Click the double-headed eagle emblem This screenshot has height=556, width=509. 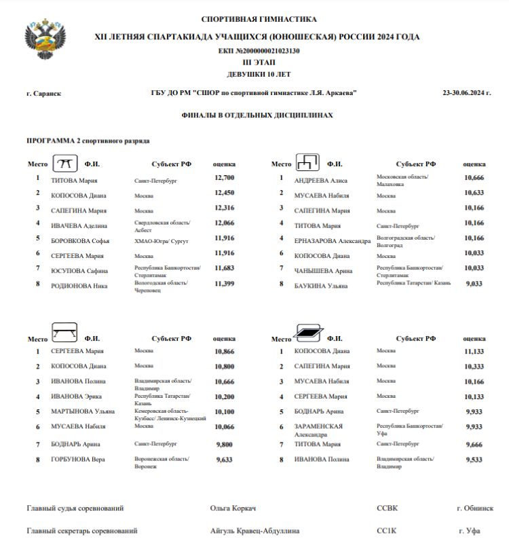pyautogui.click(x=45, y=39)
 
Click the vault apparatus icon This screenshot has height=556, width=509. pyautogui.click(x=64, y=164)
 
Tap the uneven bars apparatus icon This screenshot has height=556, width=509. pyautogui.click(x=307, y=163)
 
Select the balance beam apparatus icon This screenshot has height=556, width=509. pyautogui.click(x=64, y=334)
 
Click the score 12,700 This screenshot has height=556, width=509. pyautogui.click(x=224, y=178)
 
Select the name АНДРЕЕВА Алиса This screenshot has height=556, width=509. pyautogui.click(x=321, y=181)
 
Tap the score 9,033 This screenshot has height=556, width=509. pyautogui.click(x=474, y=283)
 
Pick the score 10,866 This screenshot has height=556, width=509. pyautogui.click(x=224, y=352)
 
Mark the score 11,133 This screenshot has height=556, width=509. pyautogui.click(x=474, y=352)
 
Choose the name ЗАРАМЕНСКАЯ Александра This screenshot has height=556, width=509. pyautogui.click(x=318, y=430)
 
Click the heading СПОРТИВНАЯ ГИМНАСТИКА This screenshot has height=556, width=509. pyautogui.click(x=259, y=19)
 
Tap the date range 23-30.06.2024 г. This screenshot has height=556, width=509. pyautogui.click(x=466, y=93)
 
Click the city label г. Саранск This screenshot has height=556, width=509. pyautogui.click(x=43, y=94)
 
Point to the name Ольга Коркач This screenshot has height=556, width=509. pyautogui.click(x=233, y=508)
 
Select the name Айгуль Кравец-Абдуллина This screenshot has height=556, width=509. pyautogui.click(x=254, y=531)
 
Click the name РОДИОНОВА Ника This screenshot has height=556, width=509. pyautogui.click(x=79, y=286)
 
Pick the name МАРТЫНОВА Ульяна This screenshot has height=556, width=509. pyautogui.click(x=83, y=411)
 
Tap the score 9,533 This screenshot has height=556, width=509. pyautogui.click(x=474, y=460)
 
